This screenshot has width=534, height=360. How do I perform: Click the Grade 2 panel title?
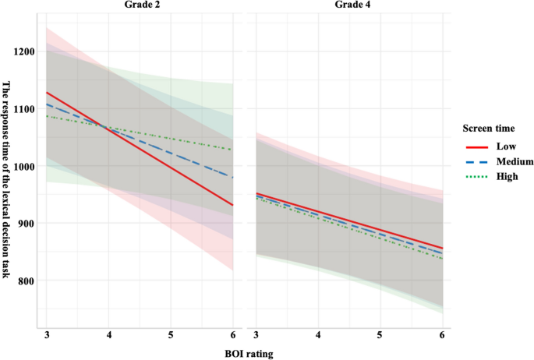click(140, 5)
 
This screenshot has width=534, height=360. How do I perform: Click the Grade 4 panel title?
click(350, 5)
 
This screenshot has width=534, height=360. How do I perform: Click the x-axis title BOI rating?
click(244, 352)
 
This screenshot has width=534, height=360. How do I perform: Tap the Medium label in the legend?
click(504, 161)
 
